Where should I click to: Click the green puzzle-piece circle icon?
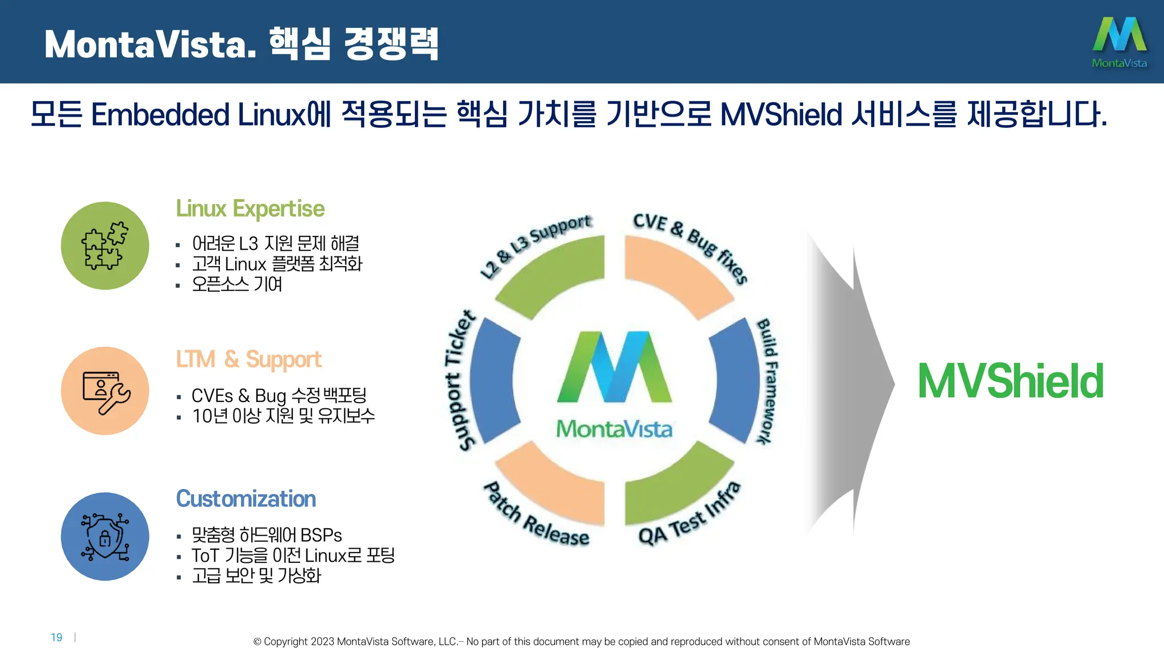click(105, 246)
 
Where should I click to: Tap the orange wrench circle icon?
click(105, 391)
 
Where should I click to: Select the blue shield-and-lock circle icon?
click(105, 536)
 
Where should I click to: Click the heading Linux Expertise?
click(250, 209)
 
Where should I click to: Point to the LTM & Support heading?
click(248, 359)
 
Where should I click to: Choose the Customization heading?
click(246, 499)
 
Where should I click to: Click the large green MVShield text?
click(1011, 381)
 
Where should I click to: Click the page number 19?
click(56, 637)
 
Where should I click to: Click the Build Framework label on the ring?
click(767, 381)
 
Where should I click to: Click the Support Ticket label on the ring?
click(459, 380)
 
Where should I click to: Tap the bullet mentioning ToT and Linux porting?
click(293, 555)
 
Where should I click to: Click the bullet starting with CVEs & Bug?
click(278, 395)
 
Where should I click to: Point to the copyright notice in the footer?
click(581, 641)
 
